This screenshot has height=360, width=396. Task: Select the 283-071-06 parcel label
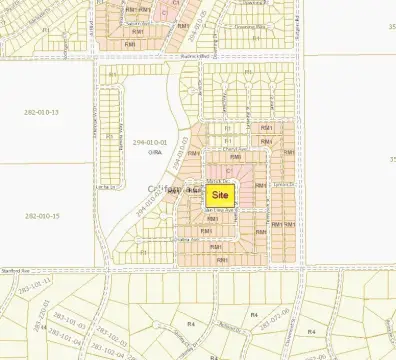tap(274, 307)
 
